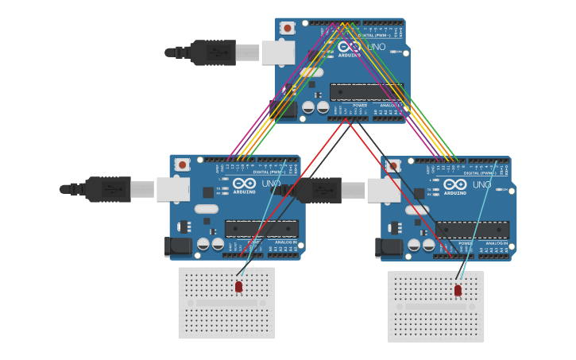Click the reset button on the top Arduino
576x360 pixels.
[x=288, y=28]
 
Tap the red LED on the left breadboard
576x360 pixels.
[x=238, y=286]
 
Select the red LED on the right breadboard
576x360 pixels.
[x=458, y=290]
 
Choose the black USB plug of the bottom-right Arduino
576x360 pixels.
[x=317, y=190]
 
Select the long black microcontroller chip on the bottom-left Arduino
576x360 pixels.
[x=261, y=229]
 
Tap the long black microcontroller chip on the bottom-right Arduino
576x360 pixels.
[x=472, y=230]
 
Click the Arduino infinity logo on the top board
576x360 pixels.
[x=350, y=47]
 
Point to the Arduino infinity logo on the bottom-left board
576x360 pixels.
[x=244, y=184]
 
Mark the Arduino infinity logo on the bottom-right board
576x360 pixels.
[x=454, y=184]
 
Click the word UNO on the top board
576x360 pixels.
[x=376, y=47]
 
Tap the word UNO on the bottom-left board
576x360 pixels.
[x=271, y=184]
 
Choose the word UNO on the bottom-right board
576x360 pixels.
[x=481, y=184]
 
